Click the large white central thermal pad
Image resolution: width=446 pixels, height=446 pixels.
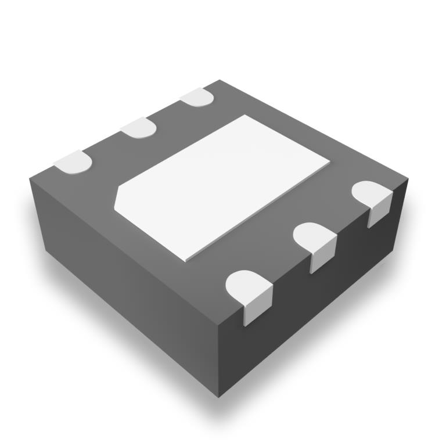coord(224,186)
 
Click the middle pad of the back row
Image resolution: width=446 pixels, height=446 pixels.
coord(139,127)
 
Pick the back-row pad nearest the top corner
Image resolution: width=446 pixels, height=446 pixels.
coord(198,96)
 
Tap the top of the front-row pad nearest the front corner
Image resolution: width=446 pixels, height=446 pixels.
coord(247,286)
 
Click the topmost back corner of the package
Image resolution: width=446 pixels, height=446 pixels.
coord(220,81)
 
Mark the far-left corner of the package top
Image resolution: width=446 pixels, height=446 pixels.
coord(30,175)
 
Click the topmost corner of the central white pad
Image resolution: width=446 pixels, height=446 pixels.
coord(244,115)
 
